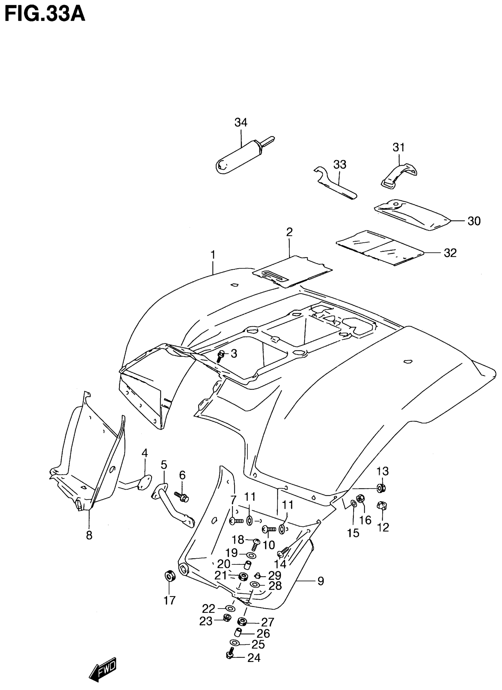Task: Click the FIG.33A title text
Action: [45, 14]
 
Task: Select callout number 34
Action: [241, 122]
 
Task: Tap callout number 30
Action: [474, 221]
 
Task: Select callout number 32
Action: [450, 253]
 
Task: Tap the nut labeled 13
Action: [381, 488]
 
